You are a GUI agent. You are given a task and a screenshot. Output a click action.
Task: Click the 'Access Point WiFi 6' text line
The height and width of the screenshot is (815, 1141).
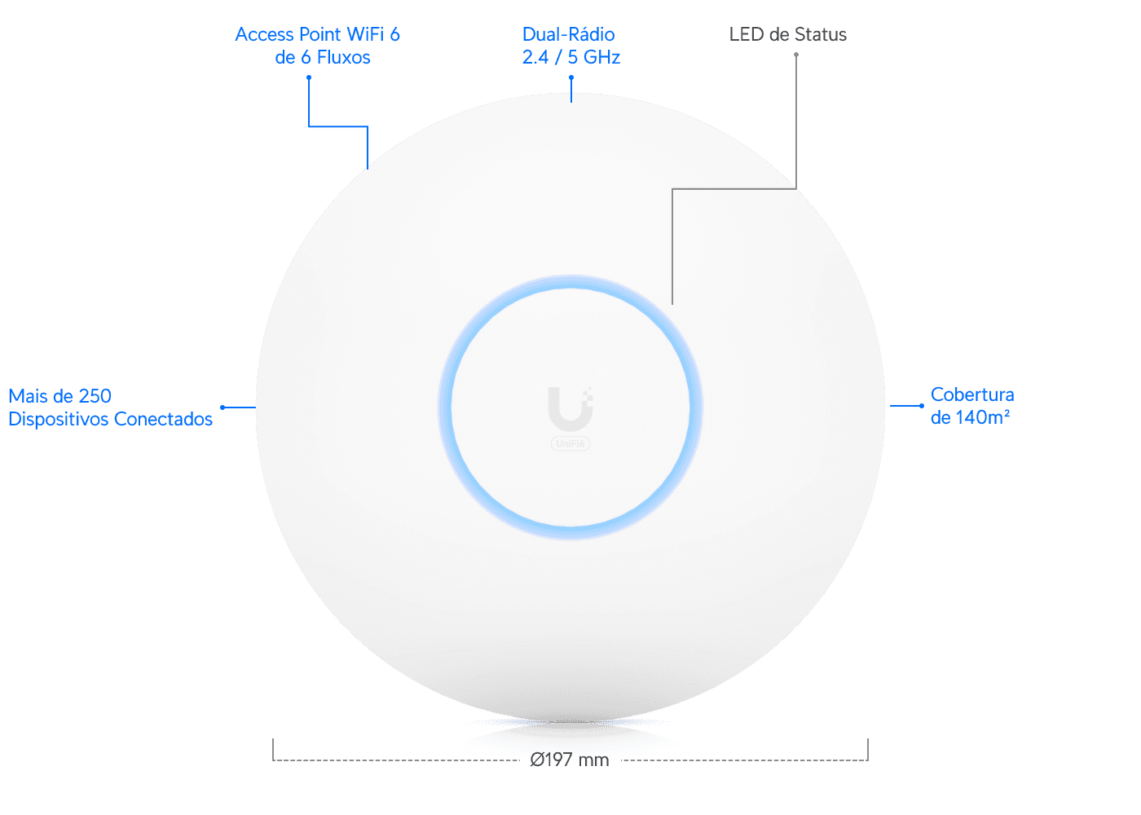pos(317,34)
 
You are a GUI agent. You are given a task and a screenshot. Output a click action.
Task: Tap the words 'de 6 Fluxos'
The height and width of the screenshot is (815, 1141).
pos(323,58)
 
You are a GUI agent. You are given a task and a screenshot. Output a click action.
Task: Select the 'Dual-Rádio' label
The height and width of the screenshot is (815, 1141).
pos(569,34)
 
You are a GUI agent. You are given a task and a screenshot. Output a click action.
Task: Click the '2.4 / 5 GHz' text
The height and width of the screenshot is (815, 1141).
pos(571,58)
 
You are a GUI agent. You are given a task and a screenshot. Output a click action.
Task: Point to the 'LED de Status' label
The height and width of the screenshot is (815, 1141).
pos(787,34)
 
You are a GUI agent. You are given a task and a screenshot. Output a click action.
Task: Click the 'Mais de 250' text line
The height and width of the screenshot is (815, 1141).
pos(59,396)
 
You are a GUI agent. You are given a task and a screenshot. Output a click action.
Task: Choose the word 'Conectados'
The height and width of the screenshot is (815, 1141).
pos(163,419)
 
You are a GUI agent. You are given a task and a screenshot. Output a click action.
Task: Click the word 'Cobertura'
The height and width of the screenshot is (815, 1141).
pos(971,394)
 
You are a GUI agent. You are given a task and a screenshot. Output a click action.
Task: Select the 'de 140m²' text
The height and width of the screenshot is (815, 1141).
pos(970,417)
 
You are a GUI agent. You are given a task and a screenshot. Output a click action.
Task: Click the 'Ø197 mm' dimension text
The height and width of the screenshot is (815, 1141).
pos(569,760)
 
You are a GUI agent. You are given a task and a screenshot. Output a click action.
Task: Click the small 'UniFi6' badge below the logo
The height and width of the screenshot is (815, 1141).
pos(570,443)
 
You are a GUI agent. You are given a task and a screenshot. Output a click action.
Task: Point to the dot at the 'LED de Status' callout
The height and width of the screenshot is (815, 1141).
pos(796,55)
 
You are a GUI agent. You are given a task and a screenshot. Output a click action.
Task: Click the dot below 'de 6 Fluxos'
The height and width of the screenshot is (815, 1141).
pos(309,77)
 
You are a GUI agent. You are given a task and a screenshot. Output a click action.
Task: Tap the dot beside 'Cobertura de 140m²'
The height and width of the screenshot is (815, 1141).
pos(922,406)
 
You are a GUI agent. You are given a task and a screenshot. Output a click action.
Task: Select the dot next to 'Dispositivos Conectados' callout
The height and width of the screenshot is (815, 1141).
pos(222,407)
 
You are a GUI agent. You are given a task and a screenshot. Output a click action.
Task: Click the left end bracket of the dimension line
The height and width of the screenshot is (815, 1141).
pos(274,750)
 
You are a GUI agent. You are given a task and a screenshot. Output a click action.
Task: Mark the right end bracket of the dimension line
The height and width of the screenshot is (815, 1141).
pos(867,750)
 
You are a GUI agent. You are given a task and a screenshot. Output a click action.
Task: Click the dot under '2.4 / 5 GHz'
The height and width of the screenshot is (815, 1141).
pos(571,77)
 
